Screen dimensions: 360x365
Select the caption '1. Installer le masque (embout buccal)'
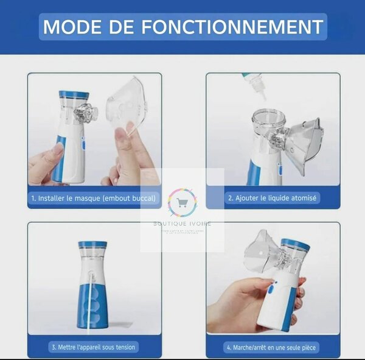click(94, 198)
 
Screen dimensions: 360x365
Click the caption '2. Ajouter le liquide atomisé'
click(272, 198)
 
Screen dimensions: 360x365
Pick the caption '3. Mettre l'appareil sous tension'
click(93, 347)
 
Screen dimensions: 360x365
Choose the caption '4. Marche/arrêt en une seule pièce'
click(272, 347)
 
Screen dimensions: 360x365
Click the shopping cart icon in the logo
click(182, 203)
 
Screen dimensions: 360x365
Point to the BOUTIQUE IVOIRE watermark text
click(182, 224)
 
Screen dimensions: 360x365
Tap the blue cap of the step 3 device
click(92, 244)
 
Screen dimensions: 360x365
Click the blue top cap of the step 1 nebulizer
click(74, 96)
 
